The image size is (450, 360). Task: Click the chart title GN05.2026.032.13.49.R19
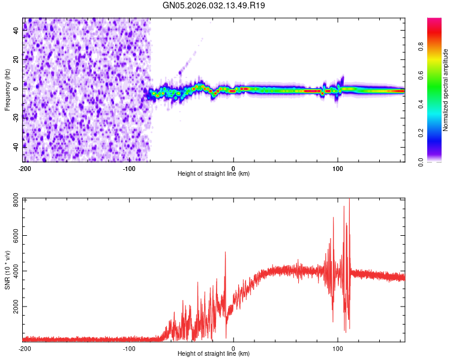[214, 5]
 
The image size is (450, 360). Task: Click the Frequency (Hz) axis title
[7, 90]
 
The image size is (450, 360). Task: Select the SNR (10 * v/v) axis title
[7, 269]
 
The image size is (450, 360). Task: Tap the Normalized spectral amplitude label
[445, 90]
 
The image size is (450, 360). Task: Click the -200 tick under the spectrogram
[25, 167]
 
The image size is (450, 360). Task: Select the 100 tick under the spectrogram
[338, 167]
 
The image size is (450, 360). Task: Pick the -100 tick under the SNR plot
[129, 348]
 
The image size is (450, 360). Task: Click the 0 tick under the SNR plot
[233, 348]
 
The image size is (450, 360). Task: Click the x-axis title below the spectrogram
[214, 174]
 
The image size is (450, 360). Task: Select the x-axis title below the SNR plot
[214, 354]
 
